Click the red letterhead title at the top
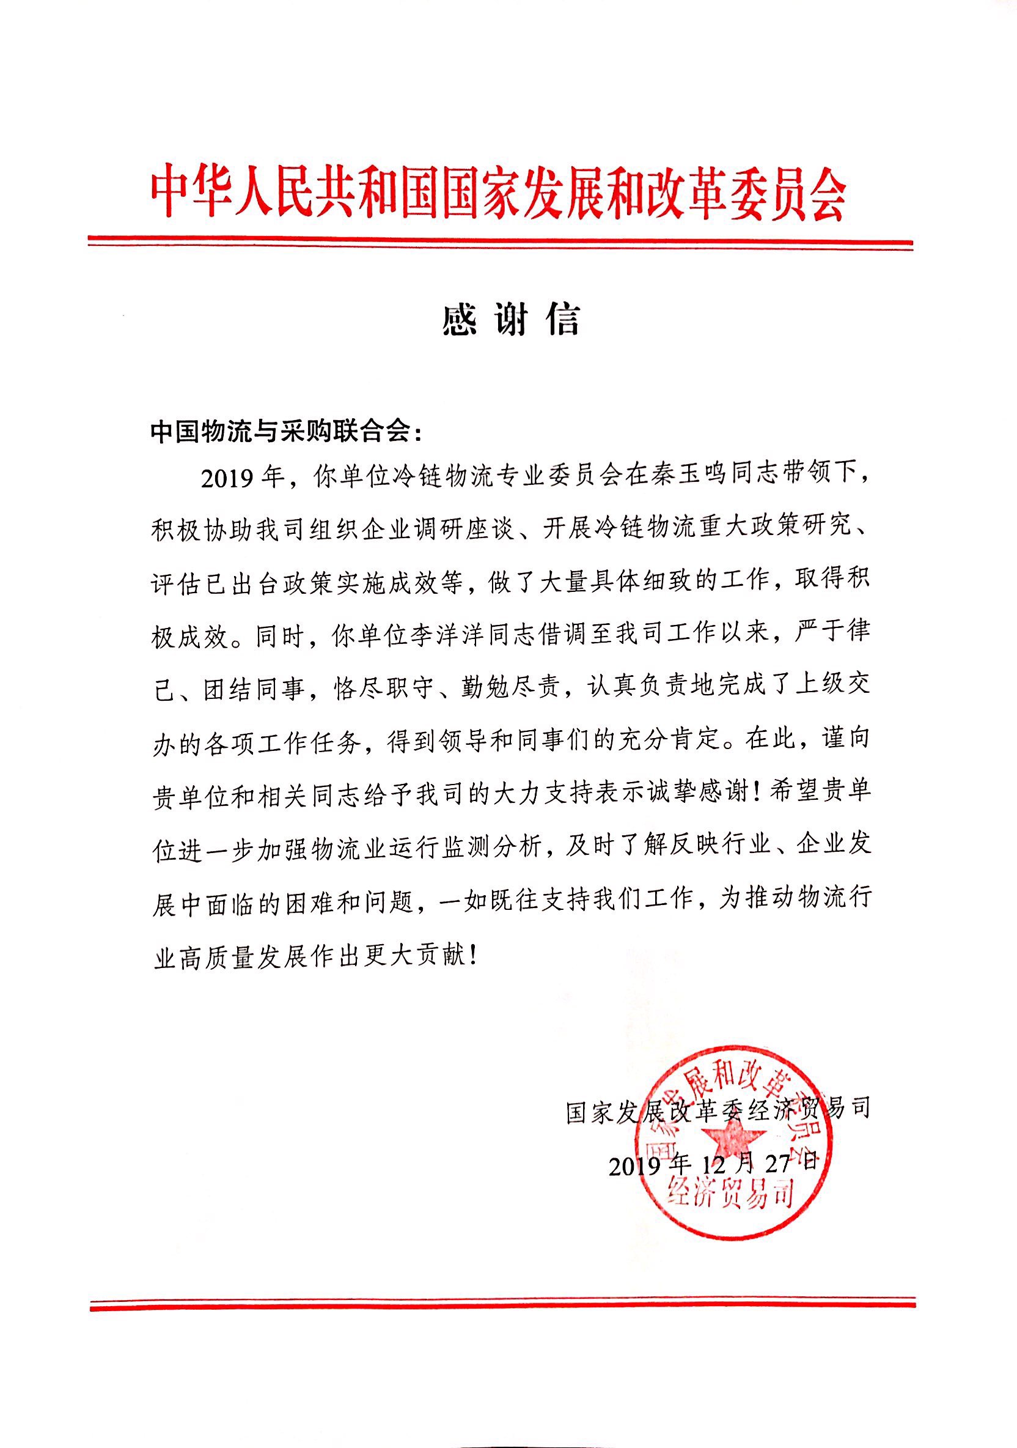(497, 193)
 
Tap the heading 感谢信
(510, 320)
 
